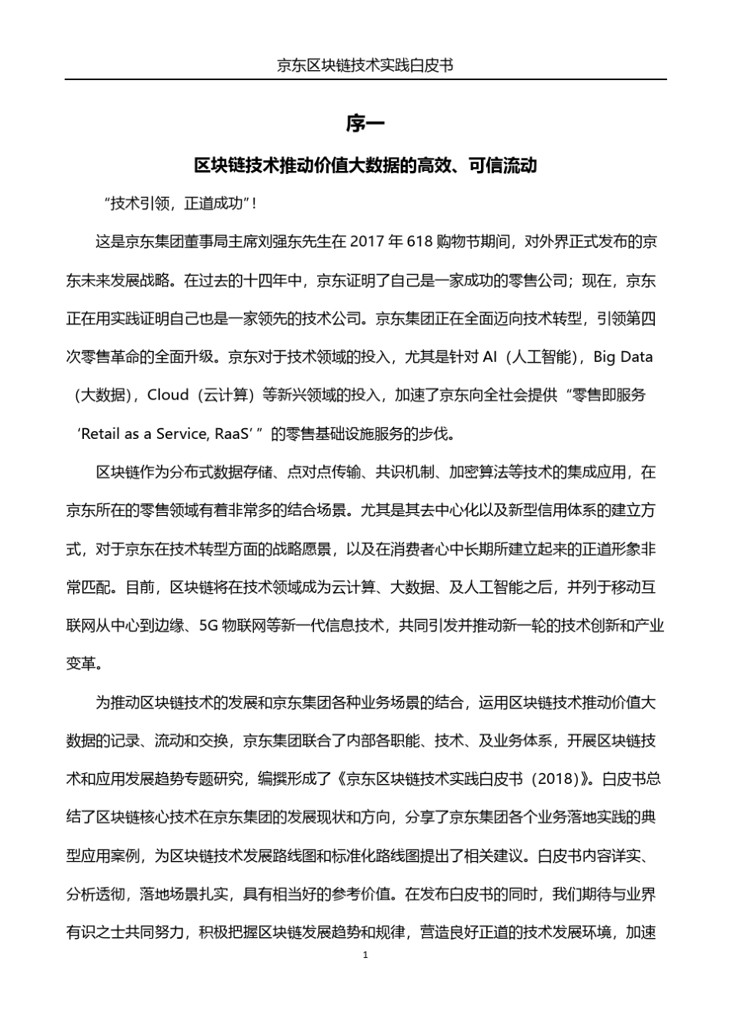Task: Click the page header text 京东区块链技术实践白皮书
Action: coord(365,65)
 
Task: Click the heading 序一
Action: coord(365,123)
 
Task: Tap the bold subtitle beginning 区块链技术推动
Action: coord(365,166)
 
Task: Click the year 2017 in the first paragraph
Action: coord(368,242)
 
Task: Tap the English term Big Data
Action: coord(623,357)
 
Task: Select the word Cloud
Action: coord(168,395)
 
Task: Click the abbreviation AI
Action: coord(490,357)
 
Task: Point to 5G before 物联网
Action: coord(209,626)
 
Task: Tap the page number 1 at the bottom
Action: coord(365,955)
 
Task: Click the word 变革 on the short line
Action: coord(81,664)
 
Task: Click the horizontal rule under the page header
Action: coord(365,79)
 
